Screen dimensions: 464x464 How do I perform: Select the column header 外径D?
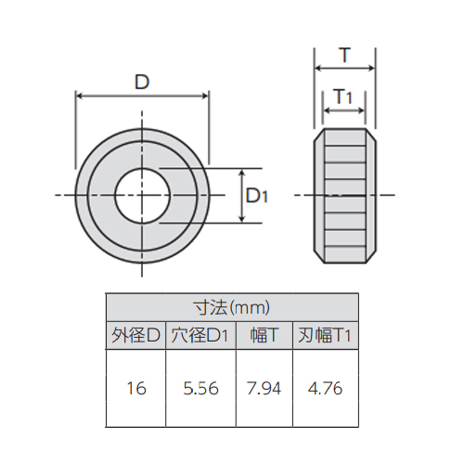[x=136, y=336]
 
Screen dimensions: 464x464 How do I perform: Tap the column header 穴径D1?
[x=200, y=336]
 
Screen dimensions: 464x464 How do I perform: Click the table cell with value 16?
[x=136, y=388]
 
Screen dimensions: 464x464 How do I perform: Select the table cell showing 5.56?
[x=200, y=388]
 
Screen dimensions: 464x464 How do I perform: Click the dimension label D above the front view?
[x=141, y=83]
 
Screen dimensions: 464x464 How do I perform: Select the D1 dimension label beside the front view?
[x=257, y=196]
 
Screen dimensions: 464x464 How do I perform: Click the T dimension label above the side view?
[x=345, y=56]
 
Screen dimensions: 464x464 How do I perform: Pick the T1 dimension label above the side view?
[x=342, y=97]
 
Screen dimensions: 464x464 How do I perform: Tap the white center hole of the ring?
[x=142, y=195]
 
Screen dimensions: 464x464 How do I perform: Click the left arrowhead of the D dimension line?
[x=79, y=96]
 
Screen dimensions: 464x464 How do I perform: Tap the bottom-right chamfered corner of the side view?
[x=374, y=255]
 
